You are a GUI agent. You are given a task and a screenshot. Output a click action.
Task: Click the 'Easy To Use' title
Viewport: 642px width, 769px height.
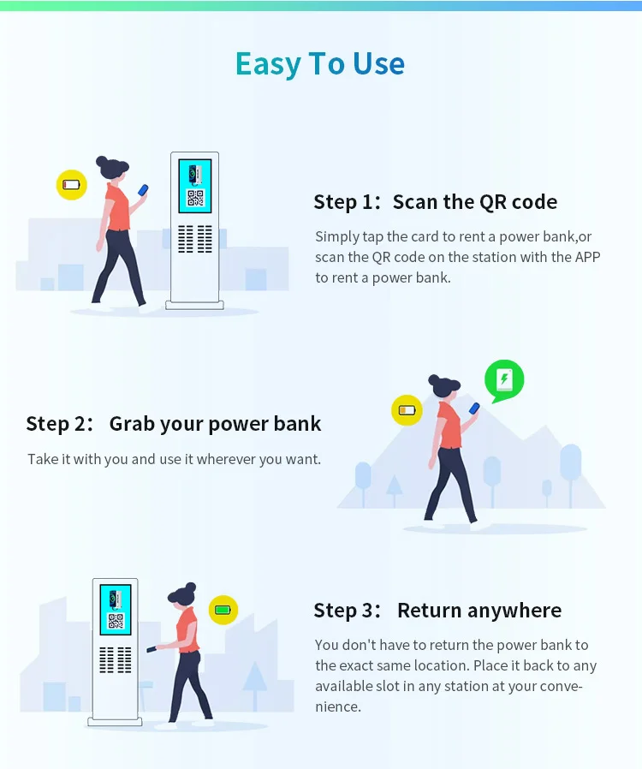click(x=320, y=64)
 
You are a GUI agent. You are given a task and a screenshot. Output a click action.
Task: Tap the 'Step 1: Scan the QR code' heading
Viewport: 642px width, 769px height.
click(x=435, y=202)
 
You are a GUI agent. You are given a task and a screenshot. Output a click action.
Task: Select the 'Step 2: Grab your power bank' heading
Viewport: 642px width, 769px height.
click(x=174, y=423)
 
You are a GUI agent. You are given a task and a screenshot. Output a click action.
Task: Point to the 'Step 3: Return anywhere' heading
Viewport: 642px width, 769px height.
click(x=437, y=611)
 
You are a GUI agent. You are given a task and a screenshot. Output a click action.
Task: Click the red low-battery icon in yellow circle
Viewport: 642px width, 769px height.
click(x=71, y=184)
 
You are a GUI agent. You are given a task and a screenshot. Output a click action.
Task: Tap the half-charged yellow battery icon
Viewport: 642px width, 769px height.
click(x=407, y=410)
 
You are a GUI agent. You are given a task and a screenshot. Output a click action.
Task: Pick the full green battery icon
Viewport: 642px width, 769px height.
click(x=223, y=610)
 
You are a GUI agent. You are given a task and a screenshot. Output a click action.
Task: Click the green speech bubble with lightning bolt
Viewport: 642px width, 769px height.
click(x=504, y=379)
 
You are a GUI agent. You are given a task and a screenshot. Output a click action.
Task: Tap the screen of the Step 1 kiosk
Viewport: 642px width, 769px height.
click(x=195, y=186)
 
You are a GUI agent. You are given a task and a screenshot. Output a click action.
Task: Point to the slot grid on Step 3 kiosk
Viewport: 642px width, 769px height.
click(x=116, y=659)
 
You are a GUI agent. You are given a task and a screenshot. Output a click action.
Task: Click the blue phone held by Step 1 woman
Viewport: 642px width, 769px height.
click(x=144, y=189)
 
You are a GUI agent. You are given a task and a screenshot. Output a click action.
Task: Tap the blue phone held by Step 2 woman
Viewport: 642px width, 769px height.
click(x=475, y=408)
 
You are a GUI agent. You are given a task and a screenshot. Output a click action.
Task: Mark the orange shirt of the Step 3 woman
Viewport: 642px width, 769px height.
click(x=187, y=629)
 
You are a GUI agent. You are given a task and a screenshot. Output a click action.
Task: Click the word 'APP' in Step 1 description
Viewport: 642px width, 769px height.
click(x=587, y=257)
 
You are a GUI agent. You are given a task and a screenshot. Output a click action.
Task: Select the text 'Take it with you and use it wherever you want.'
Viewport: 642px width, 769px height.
click(x=174, y=459)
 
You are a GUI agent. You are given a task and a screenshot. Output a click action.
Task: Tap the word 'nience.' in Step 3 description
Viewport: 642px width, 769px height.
click(x=338, y=706)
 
